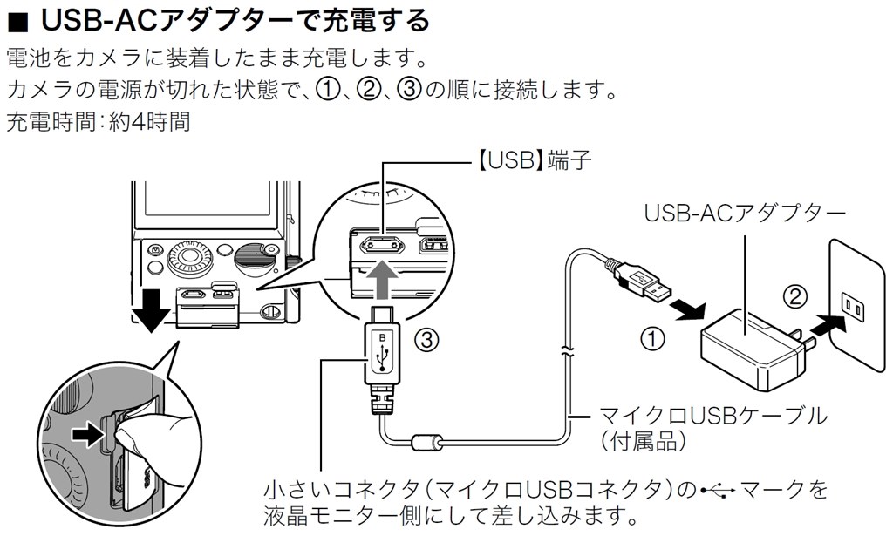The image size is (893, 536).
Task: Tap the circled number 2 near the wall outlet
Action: pyautogui.click(x=793, y=297)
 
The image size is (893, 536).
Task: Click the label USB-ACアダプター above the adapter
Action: pyautogui.click(x=744, y=213)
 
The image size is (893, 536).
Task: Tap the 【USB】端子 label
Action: pyautogui.click(x=530, y=162)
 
